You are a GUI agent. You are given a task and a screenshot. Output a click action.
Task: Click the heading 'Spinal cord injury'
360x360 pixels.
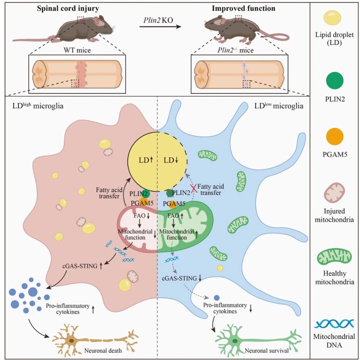pos(68,9)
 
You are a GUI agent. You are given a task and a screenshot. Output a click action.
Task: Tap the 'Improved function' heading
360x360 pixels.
pos(243,8)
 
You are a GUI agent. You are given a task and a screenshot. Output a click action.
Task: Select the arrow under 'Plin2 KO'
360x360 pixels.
pos(160,27)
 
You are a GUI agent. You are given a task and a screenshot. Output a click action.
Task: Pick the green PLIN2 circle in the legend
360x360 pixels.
pos(335,80)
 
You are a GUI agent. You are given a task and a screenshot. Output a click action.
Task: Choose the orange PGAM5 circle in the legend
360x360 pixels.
pos(335,136)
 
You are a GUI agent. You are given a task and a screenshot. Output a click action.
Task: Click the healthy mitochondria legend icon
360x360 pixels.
pos(334,257)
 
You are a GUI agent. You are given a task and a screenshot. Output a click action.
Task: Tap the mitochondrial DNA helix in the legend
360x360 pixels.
pos(334,324)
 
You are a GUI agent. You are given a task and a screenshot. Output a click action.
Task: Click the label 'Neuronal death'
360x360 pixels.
pos(103,351)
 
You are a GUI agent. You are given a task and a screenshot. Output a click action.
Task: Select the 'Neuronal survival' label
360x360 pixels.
pos(266,351)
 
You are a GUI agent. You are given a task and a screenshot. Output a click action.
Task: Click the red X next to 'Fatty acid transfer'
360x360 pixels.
pos(194,189)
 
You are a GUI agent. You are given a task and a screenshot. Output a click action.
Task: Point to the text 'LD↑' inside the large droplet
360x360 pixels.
pos(146,160)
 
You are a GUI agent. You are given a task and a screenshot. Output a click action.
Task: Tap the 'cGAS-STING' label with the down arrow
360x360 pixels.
pos(182,278)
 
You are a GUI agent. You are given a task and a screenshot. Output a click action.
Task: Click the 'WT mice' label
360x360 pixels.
pos(77,50)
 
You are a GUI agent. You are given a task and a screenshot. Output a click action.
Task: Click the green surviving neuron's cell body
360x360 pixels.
pos(235,341)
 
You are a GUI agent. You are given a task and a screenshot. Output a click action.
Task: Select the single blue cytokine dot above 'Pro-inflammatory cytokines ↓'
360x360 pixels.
pos(216,298)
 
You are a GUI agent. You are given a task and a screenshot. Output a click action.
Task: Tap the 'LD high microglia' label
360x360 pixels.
pos(38,105)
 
